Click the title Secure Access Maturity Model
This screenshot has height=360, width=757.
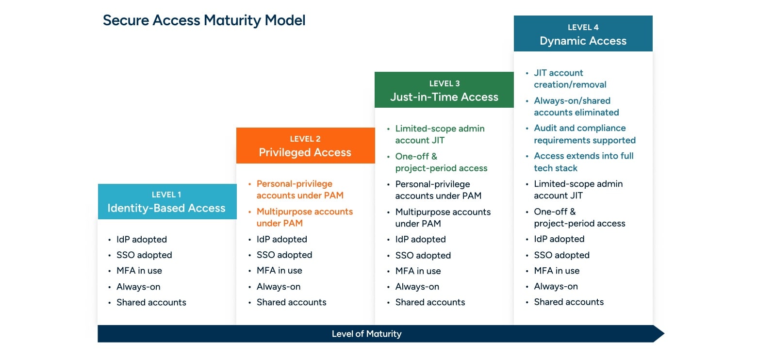pos(204,20)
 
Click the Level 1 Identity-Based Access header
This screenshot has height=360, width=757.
pos(166,202)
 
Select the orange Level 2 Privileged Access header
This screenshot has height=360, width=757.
pos(305,146)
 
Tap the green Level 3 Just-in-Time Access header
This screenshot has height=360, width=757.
pos(444,90)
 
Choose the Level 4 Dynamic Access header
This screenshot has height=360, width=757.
pos(583,34)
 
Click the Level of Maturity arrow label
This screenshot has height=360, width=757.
pos(366,334)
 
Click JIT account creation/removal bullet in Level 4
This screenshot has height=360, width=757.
pos(570,79)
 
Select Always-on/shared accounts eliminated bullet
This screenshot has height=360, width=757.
pos(576,106)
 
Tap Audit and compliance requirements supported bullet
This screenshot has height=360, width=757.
pos(584,134)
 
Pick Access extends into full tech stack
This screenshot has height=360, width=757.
pos(583,162)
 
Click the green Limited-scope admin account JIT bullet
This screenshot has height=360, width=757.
pos(440,134)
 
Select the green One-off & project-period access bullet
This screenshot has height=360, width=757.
pos(441,162)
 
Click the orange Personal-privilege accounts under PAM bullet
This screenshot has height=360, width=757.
pos(299,189)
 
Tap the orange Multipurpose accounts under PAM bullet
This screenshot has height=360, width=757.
pos(304,217)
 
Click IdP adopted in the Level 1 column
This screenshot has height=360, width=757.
pos(141,239)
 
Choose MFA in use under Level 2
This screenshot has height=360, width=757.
pos(279,271)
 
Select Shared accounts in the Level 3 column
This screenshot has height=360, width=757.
pos(430,302)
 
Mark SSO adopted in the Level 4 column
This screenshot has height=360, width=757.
pos(561,255)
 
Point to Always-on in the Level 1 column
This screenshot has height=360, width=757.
pos(138,287)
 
